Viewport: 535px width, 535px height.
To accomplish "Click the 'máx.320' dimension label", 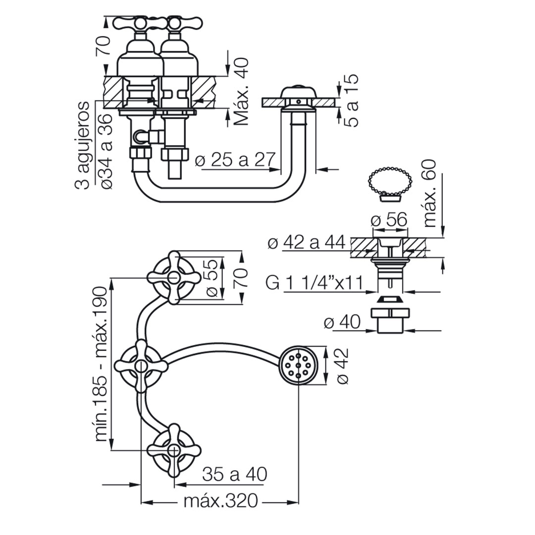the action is point(220,501).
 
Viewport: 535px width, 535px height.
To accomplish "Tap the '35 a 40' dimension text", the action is point(235,474).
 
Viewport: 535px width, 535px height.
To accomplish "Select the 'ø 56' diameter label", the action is point(389,220).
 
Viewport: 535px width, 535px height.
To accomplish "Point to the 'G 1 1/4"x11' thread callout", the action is point(314,282).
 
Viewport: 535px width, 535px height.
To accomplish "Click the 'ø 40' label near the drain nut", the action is point(342,322).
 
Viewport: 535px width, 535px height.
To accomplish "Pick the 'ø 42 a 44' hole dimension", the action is point(307,243).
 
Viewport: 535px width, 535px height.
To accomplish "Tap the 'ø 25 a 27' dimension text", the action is point(235,160).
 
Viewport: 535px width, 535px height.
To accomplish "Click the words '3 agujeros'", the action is point(82,145).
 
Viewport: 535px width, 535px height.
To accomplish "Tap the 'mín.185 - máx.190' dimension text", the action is point(102,364).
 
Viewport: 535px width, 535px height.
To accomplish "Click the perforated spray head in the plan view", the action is point(298,366).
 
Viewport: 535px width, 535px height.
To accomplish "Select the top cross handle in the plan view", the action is point(174,277).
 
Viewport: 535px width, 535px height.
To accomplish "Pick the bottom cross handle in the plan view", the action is point(174,450).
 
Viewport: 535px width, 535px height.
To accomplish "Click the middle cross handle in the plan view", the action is point(141,366).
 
